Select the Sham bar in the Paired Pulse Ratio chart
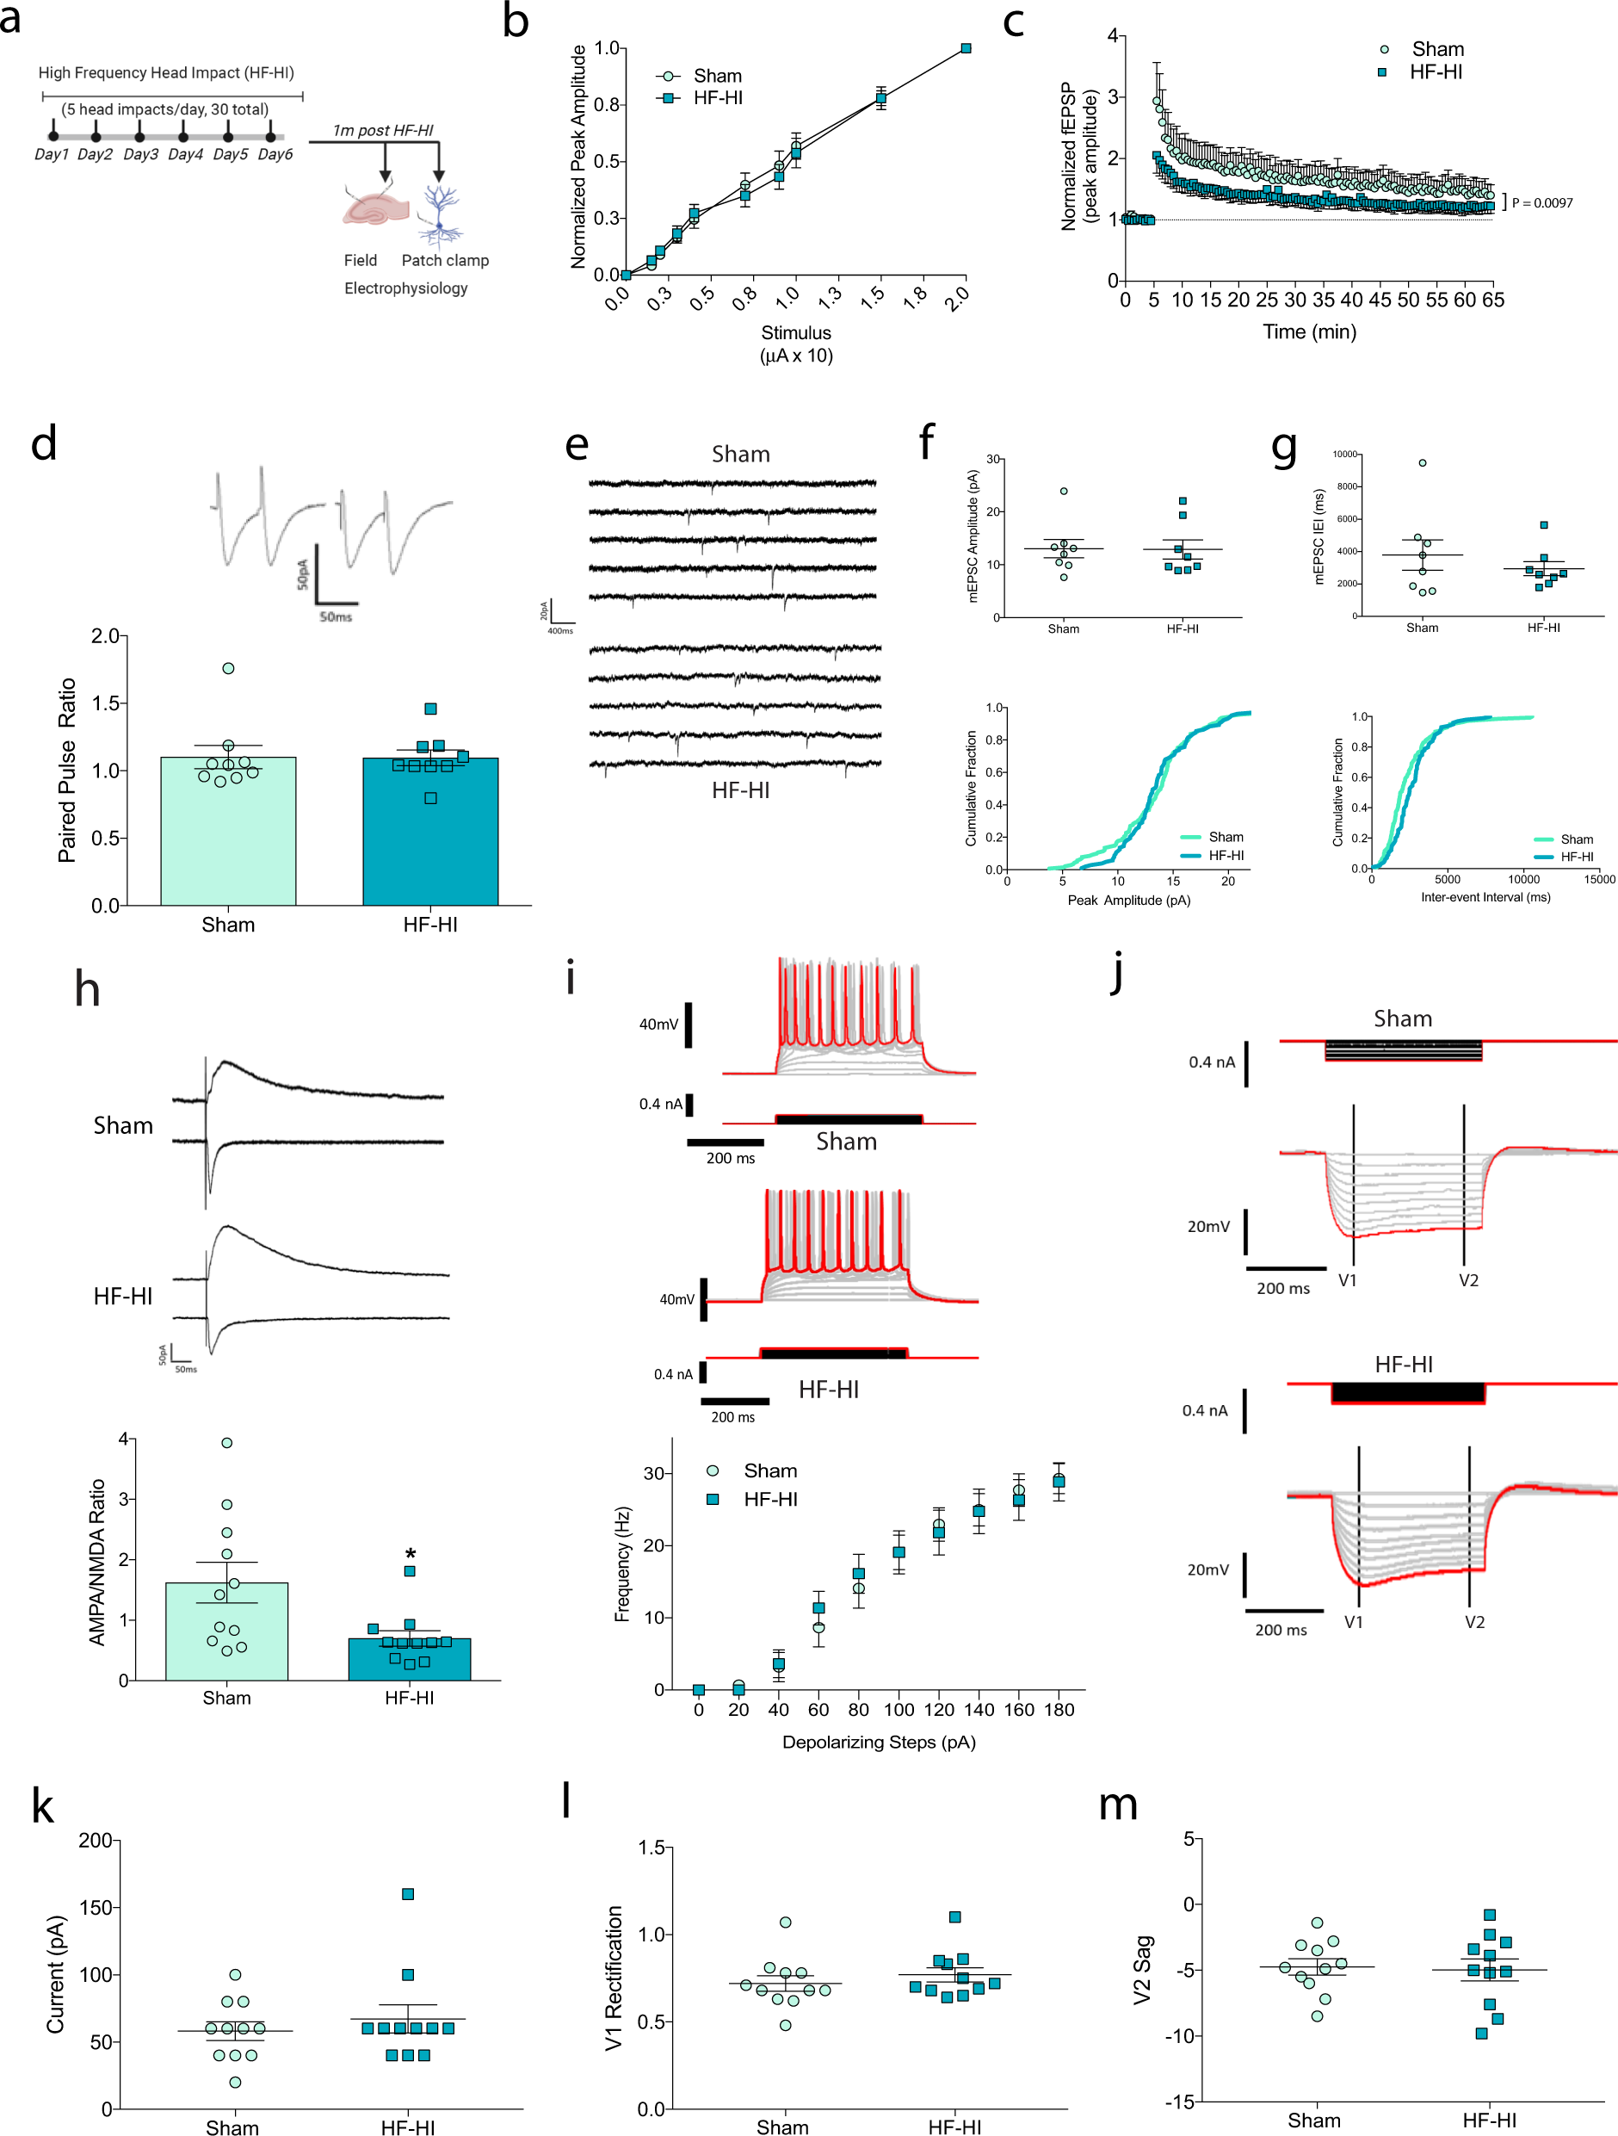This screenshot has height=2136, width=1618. click(228, 840)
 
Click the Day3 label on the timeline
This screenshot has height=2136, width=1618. click(140, 154)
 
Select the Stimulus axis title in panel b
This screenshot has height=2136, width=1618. click(795, 344)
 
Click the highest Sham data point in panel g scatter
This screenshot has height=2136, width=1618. click(1422, 462)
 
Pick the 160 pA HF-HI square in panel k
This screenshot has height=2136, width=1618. click(407, 1893)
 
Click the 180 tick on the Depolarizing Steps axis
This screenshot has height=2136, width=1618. click(1059, 1709)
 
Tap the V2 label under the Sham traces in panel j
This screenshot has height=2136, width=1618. click(1468, 1280)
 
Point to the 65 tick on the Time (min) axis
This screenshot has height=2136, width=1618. click(1492, 300)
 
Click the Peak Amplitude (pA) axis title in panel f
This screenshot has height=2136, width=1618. click(1128, 900)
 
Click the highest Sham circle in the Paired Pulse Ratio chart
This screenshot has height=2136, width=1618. click(228, 668)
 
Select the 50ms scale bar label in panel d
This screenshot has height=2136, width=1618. click(336, 616)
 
